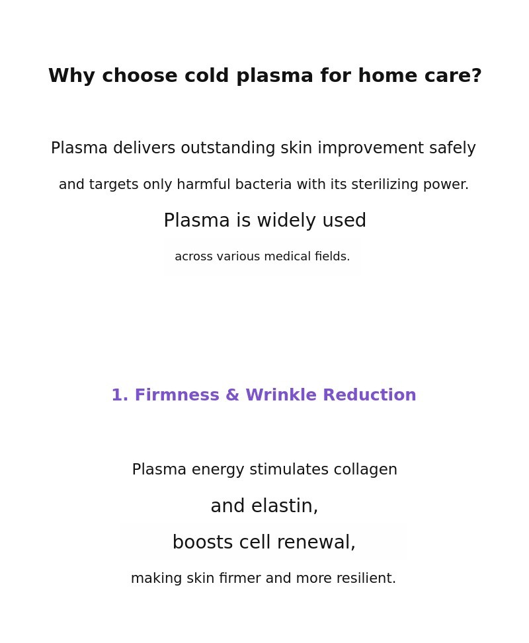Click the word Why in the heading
pyautogui.click(x=72, y=77)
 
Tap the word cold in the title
pyautogui.click(x=206, y=75)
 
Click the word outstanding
pyautogui.click(x=227, y=149)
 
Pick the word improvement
pyautogui.click(x=370, y=148)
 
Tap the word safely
pyautogui.click(x=453, y=149)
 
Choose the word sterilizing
pyautogui.click(x=385, y=185)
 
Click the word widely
pyautogui.click(x=287, y=221)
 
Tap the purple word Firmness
pyautogui.click(x=177, y=395)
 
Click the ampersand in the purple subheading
pyautogui.click(x=232, y=395)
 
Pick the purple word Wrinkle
pyautogui.click(x=281, y=395)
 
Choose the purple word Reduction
pyautogui.click(x=370, y=395)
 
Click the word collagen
pyautogui.click(x=365, y=470)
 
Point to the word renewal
pyautogui.click(x=316, y=542)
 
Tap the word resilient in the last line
pyautogui.click(x=366, y=578)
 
